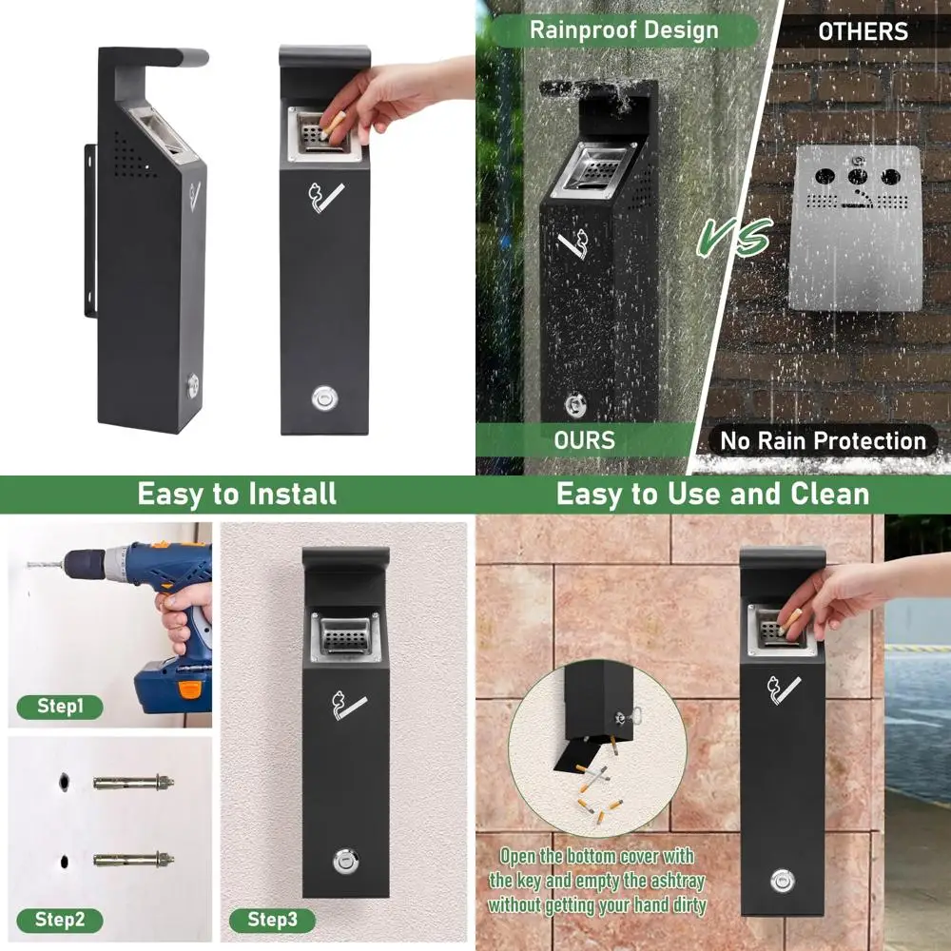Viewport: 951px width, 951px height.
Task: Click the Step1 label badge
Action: (x=61, y=707)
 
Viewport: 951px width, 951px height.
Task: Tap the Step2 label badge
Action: (x=61, y=920)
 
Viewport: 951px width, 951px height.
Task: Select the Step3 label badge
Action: (x=273, y=920)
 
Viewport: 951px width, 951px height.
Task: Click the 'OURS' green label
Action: (x=584, y=440)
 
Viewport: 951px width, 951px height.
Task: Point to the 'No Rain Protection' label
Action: (x=823, y=441)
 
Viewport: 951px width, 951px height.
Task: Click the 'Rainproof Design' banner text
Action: (x=624, y=29)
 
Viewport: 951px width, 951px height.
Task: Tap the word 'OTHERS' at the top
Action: (x=862, y=31)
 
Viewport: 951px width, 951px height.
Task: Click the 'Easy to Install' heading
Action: (x=237, y=495)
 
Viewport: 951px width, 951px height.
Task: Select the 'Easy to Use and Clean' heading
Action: (x=712, y=495)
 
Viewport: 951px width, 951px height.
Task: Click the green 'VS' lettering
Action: (x=733, y=238)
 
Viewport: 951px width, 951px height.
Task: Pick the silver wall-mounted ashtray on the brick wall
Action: (x=856, y=228)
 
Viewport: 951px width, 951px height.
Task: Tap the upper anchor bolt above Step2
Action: (x=134, y=782)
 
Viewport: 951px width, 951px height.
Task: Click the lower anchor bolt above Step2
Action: (x=134, y=859)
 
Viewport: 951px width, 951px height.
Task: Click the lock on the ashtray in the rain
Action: (x=574, y=406)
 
